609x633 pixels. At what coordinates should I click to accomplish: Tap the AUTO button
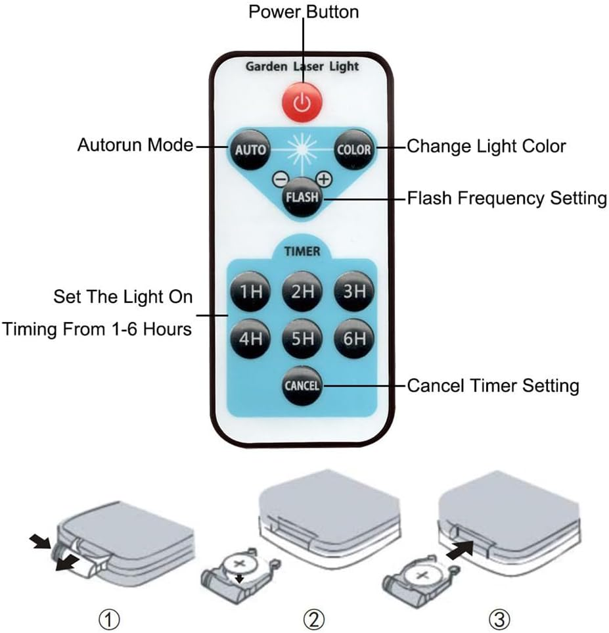pyautogui.click(x=250, y=149)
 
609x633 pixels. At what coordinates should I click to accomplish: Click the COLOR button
pyautogui.click(x=353, y=149)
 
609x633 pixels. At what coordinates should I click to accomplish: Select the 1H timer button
pyautogui.click(x=250, y=291)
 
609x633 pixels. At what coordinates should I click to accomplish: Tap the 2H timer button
pyautogui.click(x=302, y=291)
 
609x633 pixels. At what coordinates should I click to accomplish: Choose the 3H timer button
pyautogui.click(x=353, y=291)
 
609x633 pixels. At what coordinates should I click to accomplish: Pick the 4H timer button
pyautogui.click(x=250, y=339)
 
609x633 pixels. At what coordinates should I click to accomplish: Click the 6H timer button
pyautogui.click(x=353, y=339)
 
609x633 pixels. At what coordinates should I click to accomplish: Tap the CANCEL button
pyautogui.click(x=302, y=385)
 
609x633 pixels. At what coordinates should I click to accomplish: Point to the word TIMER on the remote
pyautogui.click(x=302, y=251)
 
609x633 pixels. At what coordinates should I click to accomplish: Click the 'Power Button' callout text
pyautogui.click(x=303, y=12)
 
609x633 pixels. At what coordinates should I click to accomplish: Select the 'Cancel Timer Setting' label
pyautogui.click(x=493, y=385)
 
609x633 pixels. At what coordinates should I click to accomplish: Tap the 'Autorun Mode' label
pyautogui.click(x=135, y=145)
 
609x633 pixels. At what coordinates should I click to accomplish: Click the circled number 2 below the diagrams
pyautogui.click(x=314, y=619)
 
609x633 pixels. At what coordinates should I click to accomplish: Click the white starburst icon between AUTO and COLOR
pyautogui.click(x=302, y=149)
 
